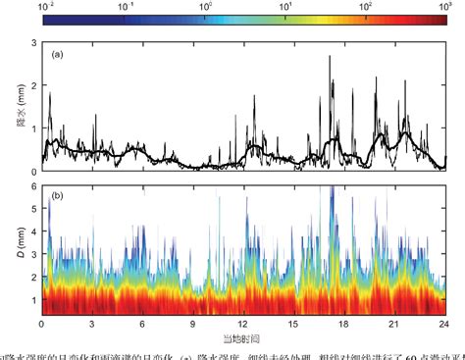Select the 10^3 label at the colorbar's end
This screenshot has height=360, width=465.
(442, 6)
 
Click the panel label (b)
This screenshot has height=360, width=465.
(58, 197)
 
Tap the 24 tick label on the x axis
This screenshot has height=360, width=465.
(444, 324)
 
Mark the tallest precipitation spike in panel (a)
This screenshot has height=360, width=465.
(330, 58)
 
